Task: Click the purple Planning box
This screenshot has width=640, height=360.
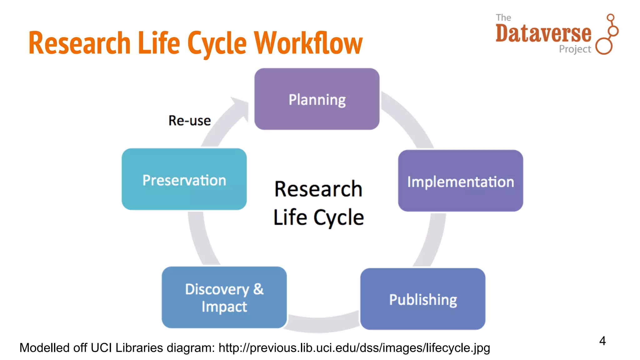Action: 317,99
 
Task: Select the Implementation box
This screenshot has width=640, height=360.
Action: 460,181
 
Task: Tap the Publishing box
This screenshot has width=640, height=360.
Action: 422,299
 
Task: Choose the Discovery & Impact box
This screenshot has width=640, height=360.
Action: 224,297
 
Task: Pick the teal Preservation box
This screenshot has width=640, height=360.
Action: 184,179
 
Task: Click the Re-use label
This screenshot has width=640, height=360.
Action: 189,121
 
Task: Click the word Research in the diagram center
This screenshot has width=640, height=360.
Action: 318,189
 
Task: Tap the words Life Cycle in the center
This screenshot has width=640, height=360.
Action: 318,217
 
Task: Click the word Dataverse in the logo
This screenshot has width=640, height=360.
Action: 543,33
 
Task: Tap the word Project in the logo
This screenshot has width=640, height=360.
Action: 575,49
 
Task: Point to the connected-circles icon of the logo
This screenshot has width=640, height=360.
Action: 607,34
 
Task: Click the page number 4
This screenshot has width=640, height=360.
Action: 602,341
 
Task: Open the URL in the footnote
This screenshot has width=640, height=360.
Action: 354,348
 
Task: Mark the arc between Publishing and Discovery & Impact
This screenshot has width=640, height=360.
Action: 323,324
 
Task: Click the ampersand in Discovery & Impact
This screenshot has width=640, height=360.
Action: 258,289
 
